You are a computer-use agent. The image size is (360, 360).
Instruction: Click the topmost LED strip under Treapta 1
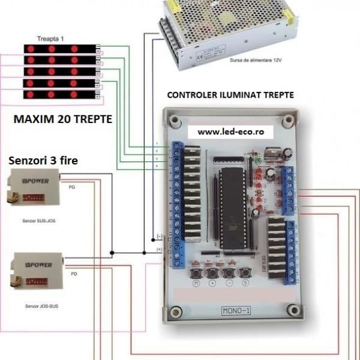(60, 49)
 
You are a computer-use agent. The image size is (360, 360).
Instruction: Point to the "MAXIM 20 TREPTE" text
(62, 119)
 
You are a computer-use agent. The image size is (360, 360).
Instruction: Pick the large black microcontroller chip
(229, 208)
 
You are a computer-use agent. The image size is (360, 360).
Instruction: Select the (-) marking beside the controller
(159, 236)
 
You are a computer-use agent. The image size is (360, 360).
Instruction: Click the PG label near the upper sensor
(73, 187)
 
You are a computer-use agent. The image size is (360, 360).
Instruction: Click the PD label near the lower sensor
(73, 274)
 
